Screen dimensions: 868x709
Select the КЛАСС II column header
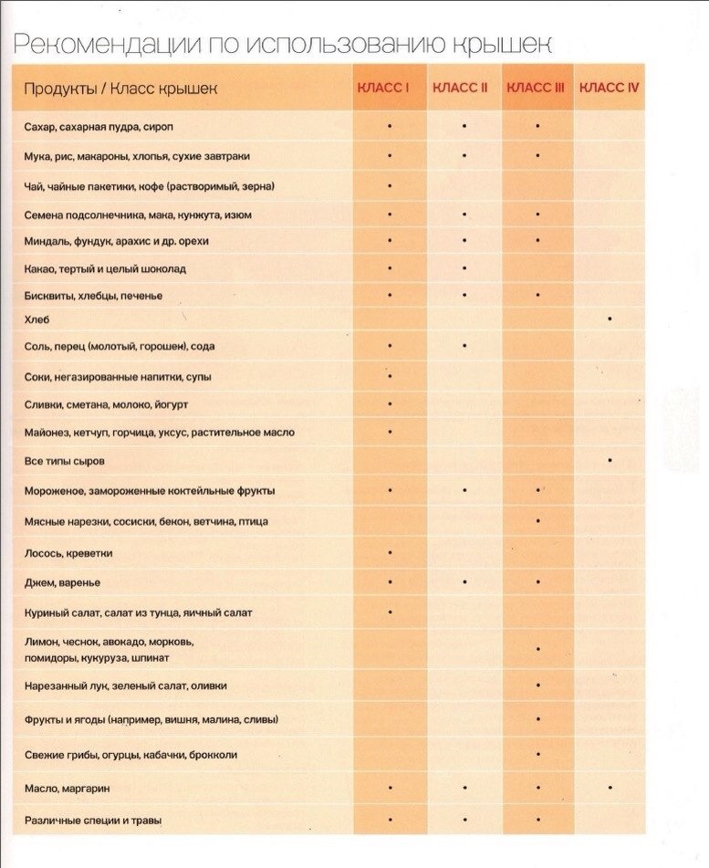(x=461, y=88)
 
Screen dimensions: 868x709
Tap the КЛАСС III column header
(x=536, y=88)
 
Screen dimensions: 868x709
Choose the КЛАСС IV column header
(x=609, y=88)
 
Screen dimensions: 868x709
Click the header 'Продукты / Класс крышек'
(x=121, y=89)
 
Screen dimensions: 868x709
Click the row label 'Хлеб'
(x=36, y=320)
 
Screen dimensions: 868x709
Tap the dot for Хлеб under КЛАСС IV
(x=610, y=319)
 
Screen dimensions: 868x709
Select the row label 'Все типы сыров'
(x=65, y=462)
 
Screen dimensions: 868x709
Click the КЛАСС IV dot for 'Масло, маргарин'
(x=610, y=787)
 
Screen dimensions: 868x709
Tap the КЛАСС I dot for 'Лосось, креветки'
(x=391, y=552)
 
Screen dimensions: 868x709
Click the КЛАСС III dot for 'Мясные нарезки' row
(x=538, y=521)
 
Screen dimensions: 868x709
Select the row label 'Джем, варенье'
(x=62, y=582)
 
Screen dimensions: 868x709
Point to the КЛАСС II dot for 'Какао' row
(x=464, y=268)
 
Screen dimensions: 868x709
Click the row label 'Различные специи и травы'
(x=93, y=821)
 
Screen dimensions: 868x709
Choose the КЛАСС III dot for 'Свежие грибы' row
(x=538, y=754)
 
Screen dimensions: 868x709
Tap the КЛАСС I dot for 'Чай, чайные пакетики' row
(x=391, y=185)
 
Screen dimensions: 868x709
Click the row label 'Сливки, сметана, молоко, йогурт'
(x=106, y=404)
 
